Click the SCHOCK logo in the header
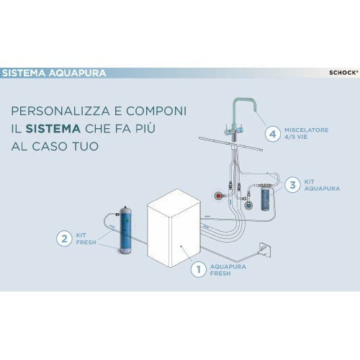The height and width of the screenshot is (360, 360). tap(343, 73)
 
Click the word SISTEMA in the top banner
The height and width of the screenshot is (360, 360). tap(24, 73)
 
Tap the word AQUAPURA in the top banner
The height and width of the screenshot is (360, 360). tap(77, 73)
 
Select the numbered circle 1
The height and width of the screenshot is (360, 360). tap(199, 269)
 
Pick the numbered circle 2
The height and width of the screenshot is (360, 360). tap(64, 238)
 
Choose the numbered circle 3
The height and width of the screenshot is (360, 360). tap(292, 185)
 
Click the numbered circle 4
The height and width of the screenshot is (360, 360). tap(273, 134)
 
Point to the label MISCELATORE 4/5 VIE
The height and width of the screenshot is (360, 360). tap(306, 133)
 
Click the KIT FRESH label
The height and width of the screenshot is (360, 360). tap(86, 239)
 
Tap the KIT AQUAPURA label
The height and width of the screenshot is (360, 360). tap(322, 185)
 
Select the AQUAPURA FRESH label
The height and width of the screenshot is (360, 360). tap(228, 270)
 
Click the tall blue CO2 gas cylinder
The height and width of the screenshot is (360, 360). tap(125, 230)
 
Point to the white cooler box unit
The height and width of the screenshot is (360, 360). tap(174, 228)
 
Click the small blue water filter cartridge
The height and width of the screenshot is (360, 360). tap(266, 197)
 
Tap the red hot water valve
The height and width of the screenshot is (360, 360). tap(219, 196)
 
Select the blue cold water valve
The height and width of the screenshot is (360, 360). tap(248, 205)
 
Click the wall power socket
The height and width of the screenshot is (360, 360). tap(265, 250)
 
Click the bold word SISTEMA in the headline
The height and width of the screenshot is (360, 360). tap(53, 129)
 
